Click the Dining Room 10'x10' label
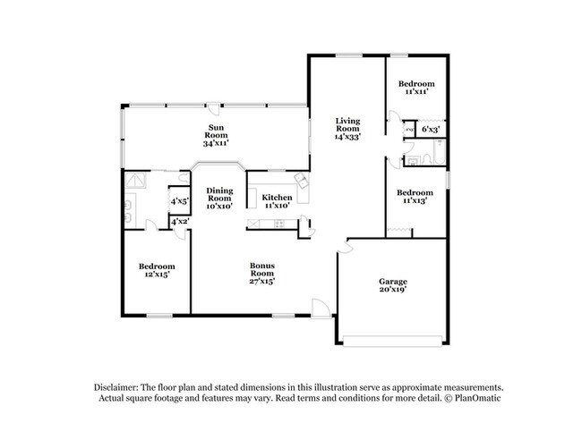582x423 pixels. (x=220, y=198)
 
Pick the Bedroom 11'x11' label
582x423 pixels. (x=417, y=87)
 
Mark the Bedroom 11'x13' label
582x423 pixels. (x=415, y=197)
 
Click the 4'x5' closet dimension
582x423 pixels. (x=179, y=200)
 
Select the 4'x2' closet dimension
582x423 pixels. (x=179, y=221)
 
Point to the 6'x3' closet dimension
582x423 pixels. (x=429, y=129)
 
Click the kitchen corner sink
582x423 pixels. (x=303, y=182)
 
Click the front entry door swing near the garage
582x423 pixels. (x=320, y=308)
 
